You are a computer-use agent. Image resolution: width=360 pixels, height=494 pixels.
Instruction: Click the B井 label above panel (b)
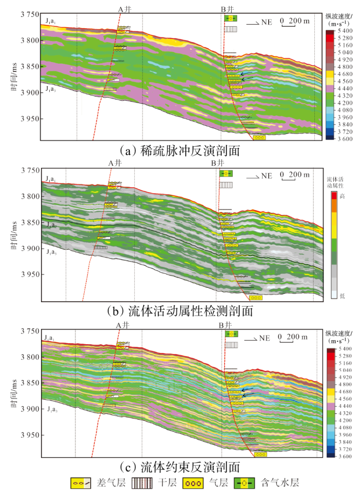click(x=217, y=163)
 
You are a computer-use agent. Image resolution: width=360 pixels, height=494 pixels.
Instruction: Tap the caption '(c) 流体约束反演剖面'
click(x=179, y=467)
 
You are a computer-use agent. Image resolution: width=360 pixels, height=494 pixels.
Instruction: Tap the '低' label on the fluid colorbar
click(x=342, y=296)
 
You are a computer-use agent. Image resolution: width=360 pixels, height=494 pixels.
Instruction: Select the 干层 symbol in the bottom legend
click(x=143, y=483)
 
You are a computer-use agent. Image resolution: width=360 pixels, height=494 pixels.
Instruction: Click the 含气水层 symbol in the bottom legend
click(x=245, y=483)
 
